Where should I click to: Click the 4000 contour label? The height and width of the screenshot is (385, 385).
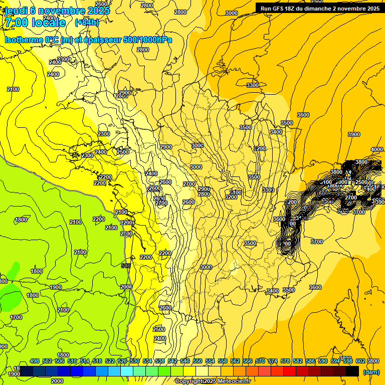coord(377,150)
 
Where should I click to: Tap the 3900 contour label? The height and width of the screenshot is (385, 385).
coord(354,134)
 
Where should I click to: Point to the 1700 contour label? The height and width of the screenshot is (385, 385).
coord(16,317)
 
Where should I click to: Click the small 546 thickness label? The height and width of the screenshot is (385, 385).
coord(126,266)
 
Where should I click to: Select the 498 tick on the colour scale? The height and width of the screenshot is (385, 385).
coord(35,361)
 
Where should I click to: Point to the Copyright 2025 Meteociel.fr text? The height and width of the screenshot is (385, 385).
coord(213,381)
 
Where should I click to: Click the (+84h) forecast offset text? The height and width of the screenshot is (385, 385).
coord(87,22)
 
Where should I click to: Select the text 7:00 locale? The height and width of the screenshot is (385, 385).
coord(35,23)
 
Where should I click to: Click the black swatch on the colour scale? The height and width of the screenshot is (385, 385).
coord(352,371)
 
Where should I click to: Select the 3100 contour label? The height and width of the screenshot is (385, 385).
coord(235,192)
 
